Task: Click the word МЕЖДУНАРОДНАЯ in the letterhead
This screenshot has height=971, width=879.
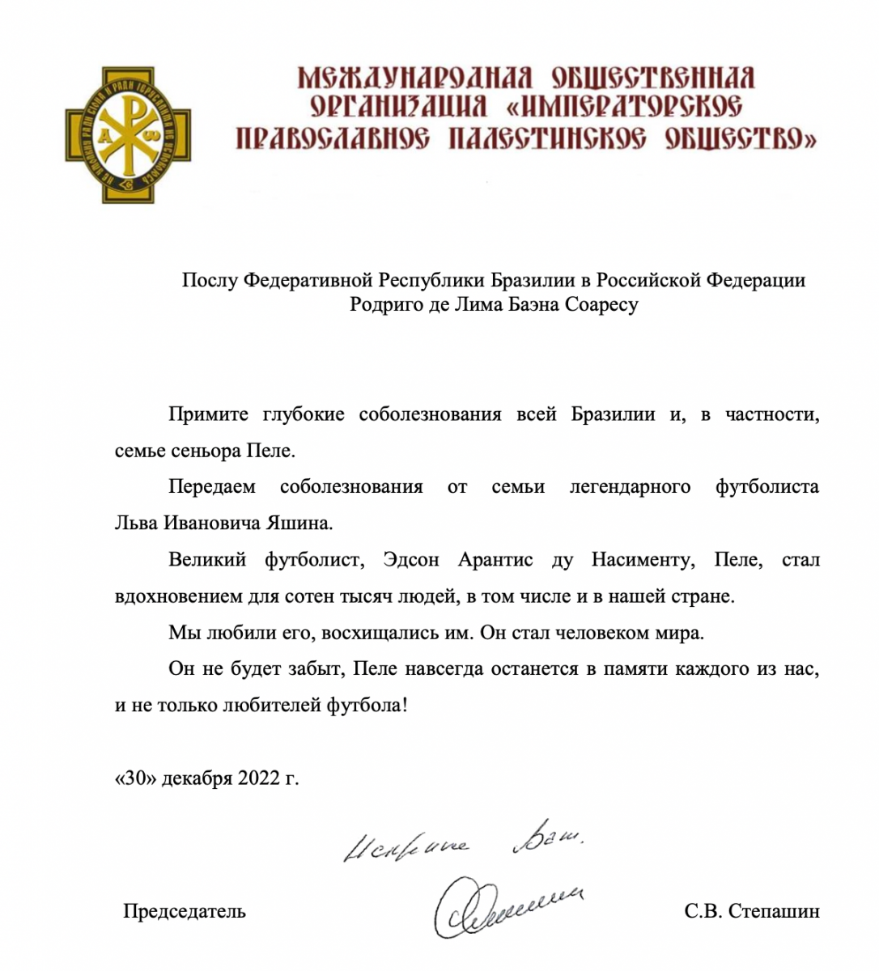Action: (x=414, y=78)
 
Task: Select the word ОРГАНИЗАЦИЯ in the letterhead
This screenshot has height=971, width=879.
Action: (x=399, y=108)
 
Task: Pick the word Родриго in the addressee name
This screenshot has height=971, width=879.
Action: (x=380, y=305)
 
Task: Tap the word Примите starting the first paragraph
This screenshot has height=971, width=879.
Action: (x=208, y=414)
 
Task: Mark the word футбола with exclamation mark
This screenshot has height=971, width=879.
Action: (x=367, y=706)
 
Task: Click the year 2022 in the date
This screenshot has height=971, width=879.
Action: (x=257, y=778)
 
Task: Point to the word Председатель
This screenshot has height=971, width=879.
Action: (x=185, y=911)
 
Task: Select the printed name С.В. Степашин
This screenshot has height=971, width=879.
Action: (x=751, y=911)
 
